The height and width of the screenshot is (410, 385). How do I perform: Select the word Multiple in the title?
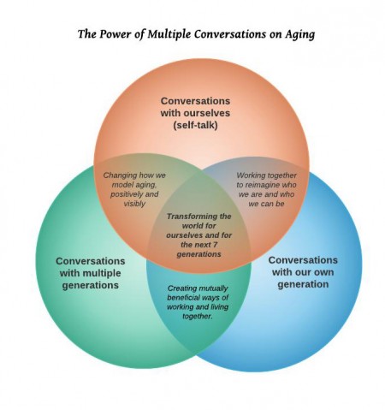click(169, 34)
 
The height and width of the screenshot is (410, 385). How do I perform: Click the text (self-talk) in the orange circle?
click(195, 125)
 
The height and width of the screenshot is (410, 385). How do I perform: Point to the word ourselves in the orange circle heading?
click(207, 113)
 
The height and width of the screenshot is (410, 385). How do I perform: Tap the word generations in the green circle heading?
click(90, 285)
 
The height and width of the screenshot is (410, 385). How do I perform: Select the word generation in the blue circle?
click(303, 284)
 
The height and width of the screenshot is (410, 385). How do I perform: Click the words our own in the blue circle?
click(316, 272)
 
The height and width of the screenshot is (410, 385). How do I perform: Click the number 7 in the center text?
click(216, 245)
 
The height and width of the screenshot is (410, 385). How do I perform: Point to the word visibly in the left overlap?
click(134, 204)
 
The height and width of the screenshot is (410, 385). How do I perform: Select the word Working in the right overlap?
click(250, 175)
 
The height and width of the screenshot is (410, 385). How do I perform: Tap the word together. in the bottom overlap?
click(198, 317)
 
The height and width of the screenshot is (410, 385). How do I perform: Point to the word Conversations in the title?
click(230, 34)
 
